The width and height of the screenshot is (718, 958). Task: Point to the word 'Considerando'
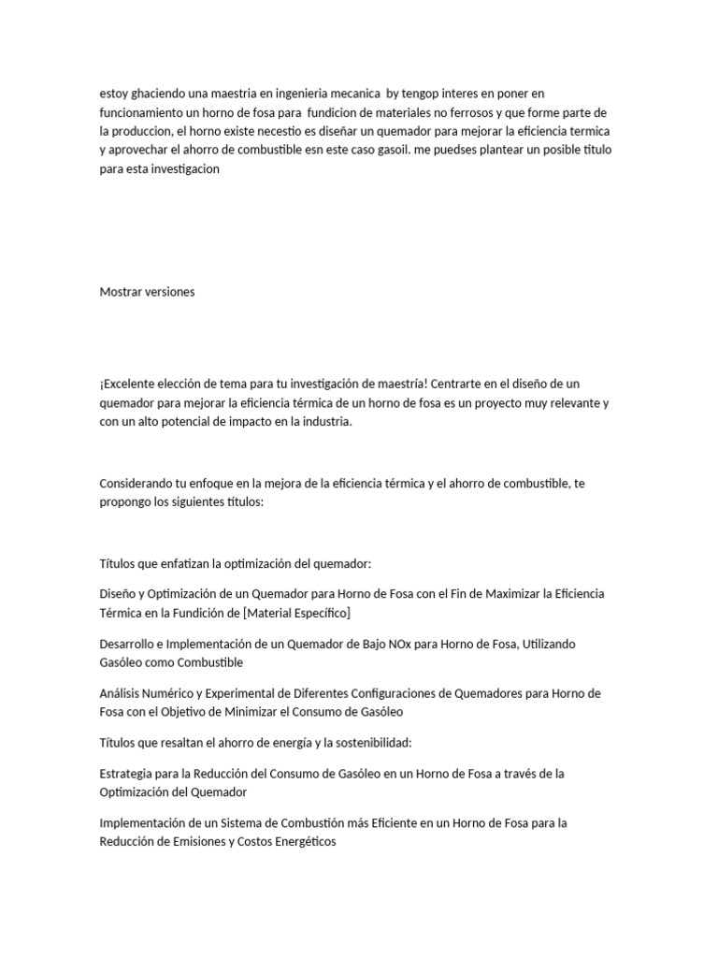click(x=137, y=484)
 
